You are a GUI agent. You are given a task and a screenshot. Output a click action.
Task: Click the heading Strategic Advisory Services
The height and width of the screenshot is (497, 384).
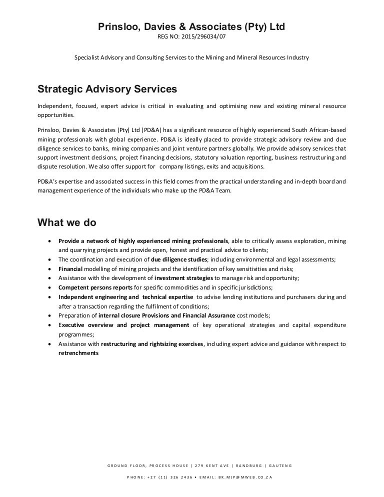tap(107, 89)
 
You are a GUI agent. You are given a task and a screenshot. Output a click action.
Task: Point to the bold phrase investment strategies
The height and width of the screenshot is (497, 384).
tap(184, 278)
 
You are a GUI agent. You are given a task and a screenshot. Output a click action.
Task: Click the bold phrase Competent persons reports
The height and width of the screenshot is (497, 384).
tap(95, 287)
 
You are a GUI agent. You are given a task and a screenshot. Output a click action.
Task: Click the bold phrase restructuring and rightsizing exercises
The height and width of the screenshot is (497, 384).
tap(152, 344)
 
